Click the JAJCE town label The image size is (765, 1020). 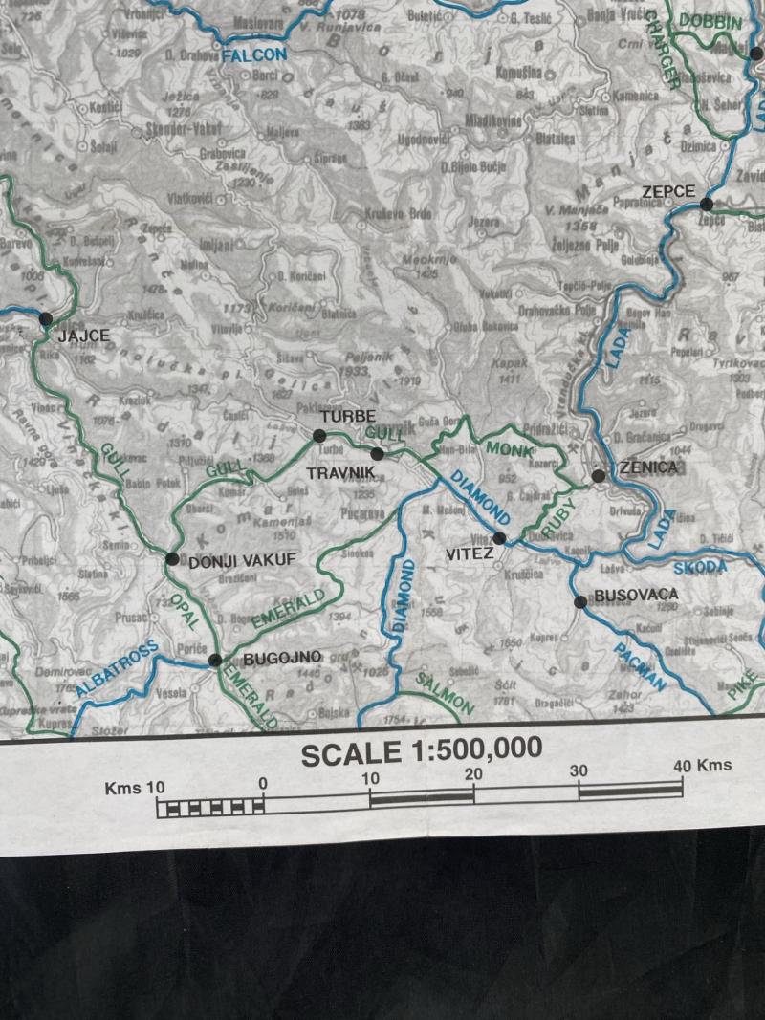coord(84,336)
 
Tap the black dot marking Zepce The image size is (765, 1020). coord(707,204)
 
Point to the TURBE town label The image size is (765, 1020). coord(347,417)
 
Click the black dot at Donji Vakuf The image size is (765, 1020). coord(171,558)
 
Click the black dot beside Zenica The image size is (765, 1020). coord(598,475)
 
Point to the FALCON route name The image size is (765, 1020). coord(253,56)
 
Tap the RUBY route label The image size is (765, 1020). coord(558,517)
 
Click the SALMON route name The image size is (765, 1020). coord(444,693)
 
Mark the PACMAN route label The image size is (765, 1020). coord(638,665)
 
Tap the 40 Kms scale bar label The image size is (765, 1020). coord(702,765)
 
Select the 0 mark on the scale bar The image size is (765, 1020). coord(263,785)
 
